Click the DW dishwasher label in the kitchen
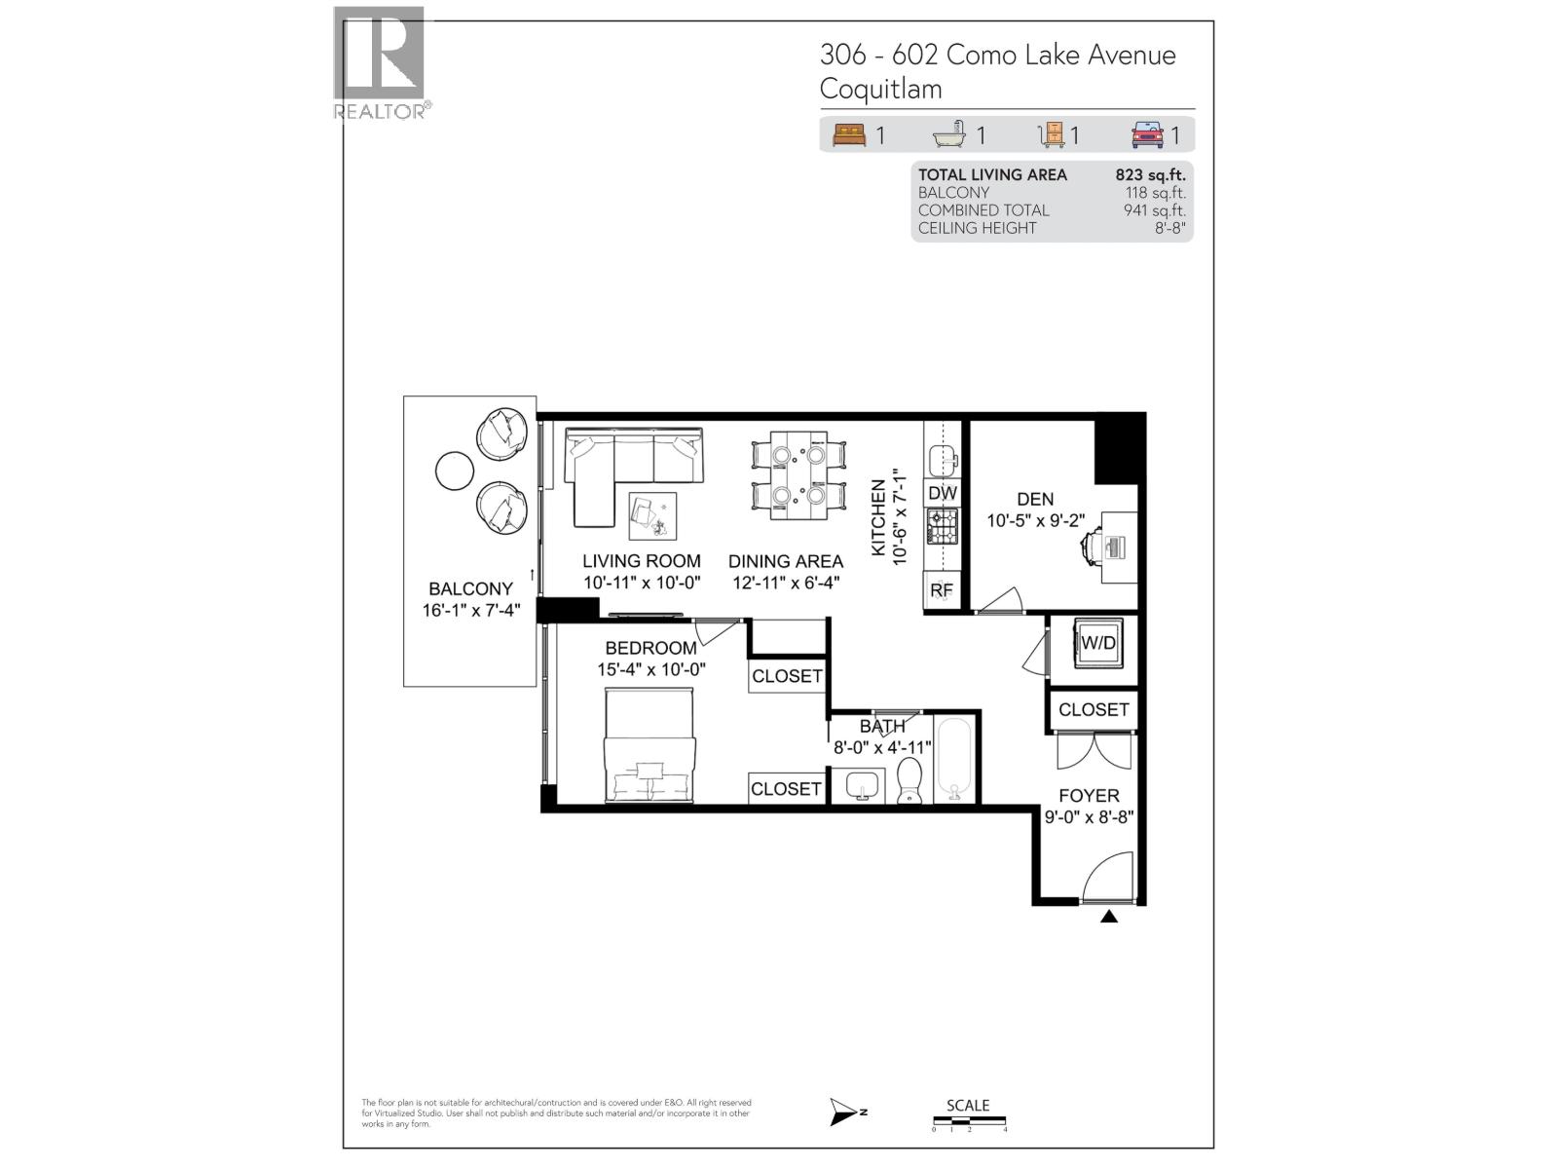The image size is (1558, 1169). pyautogui.click(x=942, y=493)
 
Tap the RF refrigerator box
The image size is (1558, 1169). pyautogui.click(x=942, y=590)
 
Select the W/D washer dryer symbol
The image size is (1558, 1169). pyautogui.click(x=1098, y=643)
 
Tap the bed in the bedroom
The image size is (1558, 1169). pyautogui.click(x=649, y=746)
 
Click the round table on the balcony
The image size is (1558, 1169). pyautogui.click(x=455, y=471)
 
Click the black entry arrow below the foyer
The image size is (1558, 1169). pyautogui.click(x=1109, y=917)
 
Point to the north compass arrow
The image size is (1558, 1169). pyautogui.click(x=843, y=1112)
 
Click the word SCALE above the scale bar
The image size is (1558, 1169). pyautogui.click(x=968, y=1106)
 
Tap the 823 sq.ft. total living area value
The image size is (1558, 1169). pyautogui.click(x=1150, y=175)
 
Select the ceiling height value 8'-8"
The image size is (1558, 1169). pyautogui.click(x=1169, y=228)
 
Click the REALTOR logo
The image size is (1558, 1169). pyautogui.click(x=381, y=63)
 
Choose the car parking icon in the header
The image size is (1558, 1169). pyautogui.click(x=1147, y=135)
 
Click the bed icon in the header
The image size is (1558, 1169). pyautogui.click(x=849, y=135)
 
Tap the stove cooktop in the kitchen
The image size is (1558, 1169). pyautogui.click(x=942, y=527)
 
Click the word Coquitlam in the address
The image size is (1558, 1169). pyautogui.click(x=880, y=89)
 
